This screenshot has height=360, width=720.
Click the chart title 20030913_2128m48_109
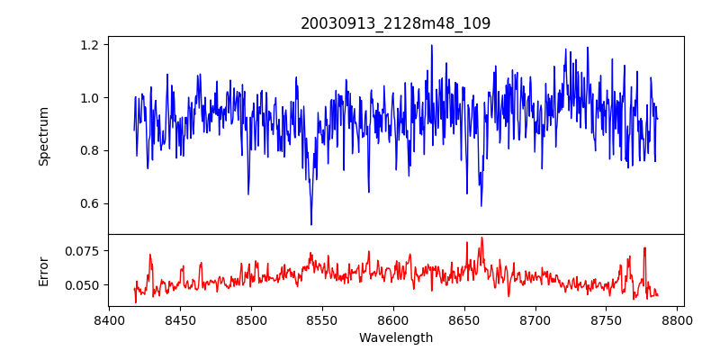[x=396, y=23]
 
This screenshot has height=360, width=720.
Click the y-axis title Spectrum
[x=43, y=136]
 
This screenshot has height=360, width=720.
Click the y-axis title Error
[x=43, y=271]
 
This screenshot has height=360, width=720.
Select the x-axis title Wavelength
[x=396, y=338]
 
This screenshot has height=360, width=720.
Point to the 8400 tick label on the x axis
[x=109, y=319]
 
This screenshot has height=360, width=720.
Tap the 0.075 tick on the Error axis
[x=84, y=251]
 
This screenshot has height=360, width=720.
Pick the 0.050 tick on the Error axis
[x=84, y=285]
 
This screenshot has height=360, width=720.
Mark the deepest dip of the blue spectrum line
[x=311, y=224]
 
